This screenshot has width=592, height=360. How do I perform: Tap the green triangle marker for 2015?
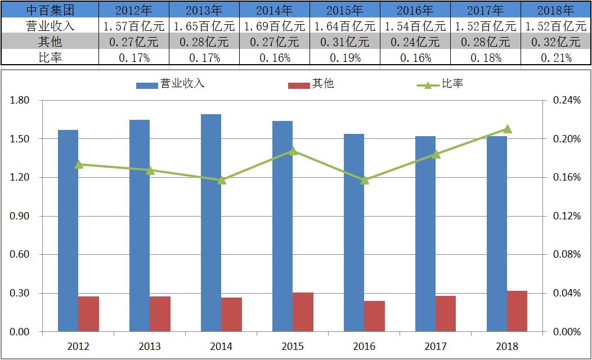pyautogui.click(x=293, y=151)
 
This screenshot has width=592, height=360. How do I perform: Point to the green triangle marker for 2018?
pyautogui.click(x=507, y=129)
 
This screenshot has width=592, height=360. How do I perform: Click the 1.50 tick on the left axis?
pyautogui.click(x=20, y=139)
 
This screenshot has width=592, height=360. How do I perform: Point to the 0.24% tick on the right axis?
pyautogui.click(x=567, y=101)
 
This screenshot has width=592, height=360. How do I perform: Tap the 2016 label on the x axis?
pyautogui.click(x=364, y=346)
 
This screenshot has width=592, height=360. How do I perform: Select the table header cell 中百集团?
pyautogui.click(x=50, y=10)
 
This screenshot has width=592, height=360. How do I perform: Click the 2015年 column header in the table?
pyautogui.click(x=345, y=10)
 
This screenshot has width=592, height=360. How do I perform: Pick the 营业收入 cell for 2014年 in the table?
pyautogui.click(x=275, y=26)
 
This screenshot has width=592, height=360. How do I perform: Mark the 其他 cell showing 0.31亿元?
pyautogui.click(x=345, y=42)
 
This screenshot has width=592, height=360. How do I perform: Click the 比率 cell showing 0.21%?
pyautogui.click(x=556, y=57)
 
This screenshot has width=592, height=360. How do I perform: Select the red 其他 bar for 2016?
pyautogui.click(x=374, y=316)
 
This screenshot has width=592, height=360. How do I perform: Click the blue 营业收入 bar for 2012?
pyautogui.click(x=68, y=231)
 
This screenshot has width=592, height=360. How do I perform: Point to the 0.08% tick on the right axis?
pyautogui.click(x=567, y=255)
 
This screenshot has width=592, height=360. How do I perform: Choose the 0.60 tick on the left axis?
pyautogui.click(x=20, y=255)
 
